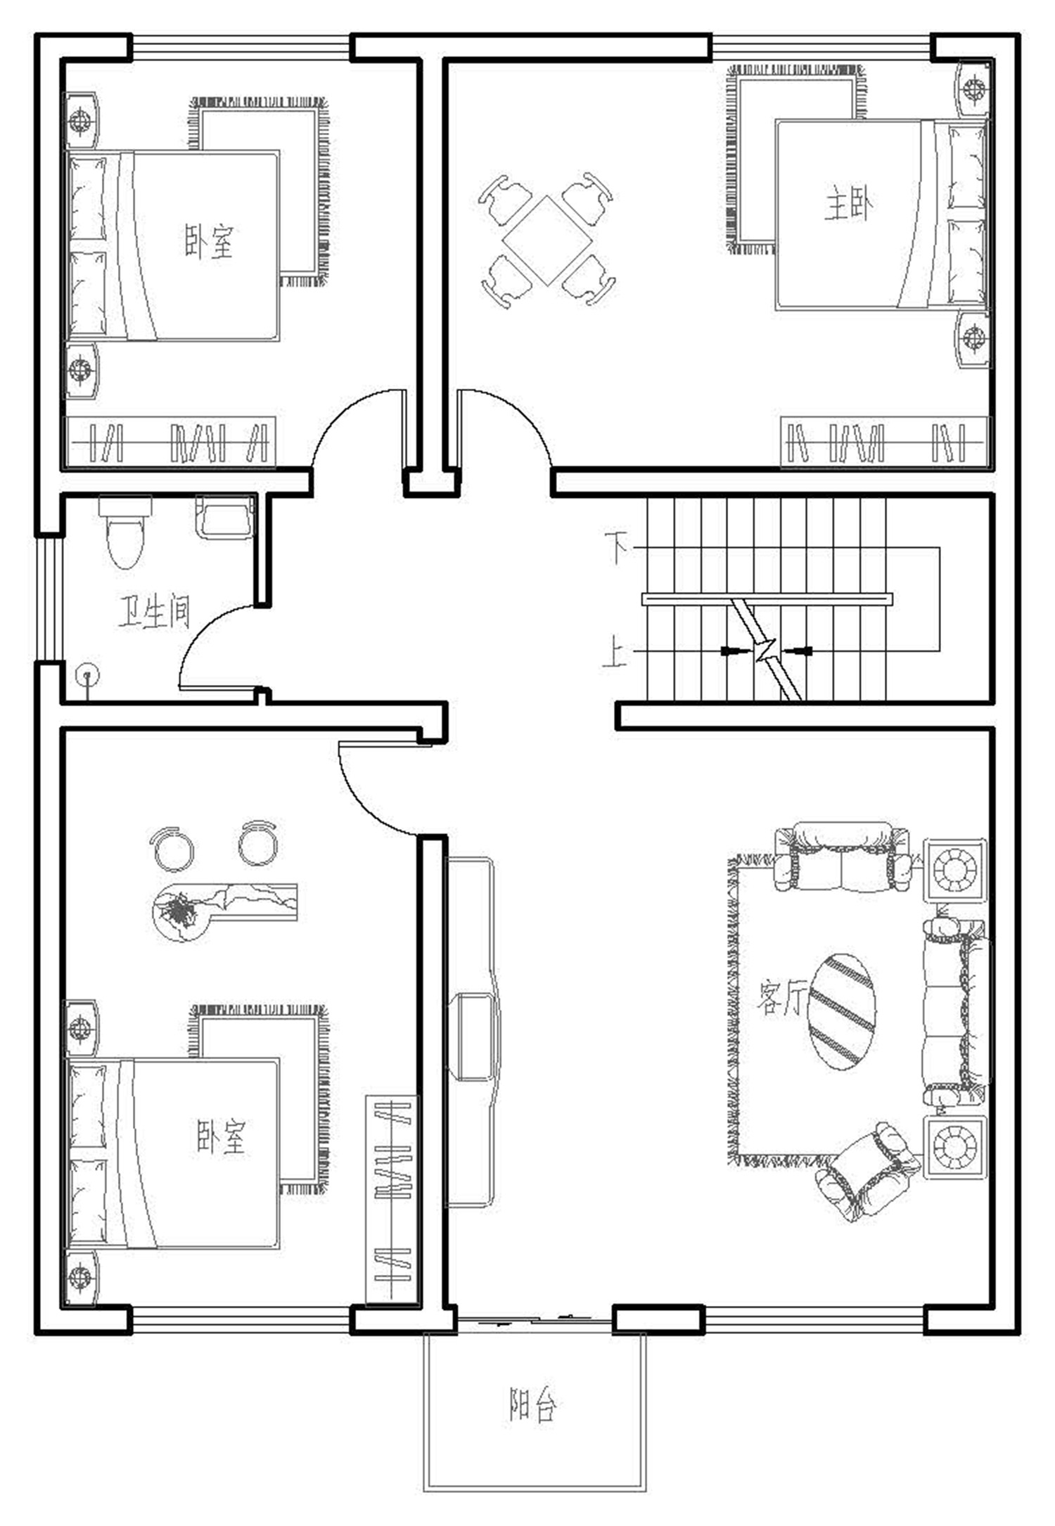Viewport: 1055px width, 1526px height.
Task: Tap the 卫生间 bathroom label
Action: [153, 612]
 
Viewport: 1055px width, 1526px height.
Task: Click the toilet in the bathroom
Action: [124, 531]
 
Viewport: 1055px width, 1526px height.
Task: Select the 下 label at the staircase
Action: [617, 548]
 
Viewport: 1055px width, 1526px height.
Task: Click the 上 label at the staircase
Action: [615, 651]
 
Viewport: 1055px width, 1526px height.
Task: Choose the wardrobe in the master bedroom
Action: [885, 442]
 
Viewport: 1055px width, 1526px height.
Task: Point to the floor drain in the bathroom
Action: [88, 677]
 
